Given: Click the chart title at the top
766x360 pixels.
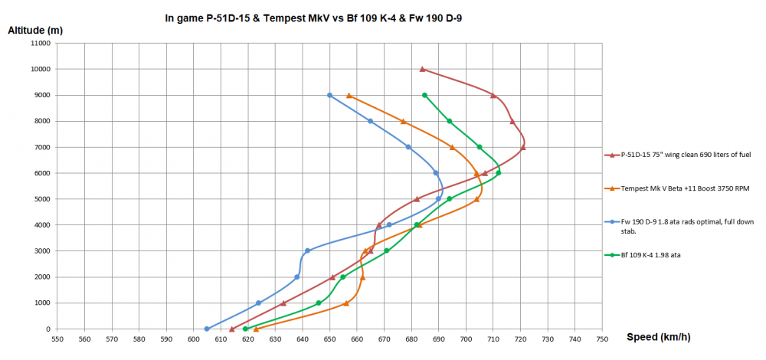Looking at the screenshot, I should click(x=314, y=18).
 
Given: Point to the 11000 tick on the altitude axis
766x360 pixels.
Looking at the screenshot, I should click(x=38, y=44).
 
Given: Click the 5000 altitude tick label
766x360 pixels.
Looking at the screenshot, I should click(x=40, y=199).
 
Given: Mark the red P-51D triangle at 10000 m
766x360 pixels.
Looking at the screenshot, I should click(x=422, y=69).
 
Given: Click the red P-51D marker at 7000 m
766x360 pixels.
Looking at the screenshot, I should click(x=523, y=147).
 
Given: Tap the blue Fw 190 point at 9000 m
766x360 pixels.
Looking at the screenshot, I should click(x=329, y=95).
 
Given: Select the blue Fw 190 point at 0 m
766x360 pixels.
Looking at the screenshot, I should click(x=207, y=329).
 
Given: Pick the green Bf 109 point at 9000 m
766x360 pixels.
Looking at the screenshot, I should click(x=424, y=95).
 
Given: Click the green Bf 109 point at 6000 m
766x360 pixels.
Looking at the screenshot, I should click(x=498, y=173).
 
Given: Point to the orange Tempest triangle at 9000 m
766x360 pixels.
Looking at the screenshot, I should click(x=349, y=96).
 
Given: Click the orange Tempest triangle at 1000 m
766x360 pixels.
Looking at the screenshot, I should click(x=346, y=303).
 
